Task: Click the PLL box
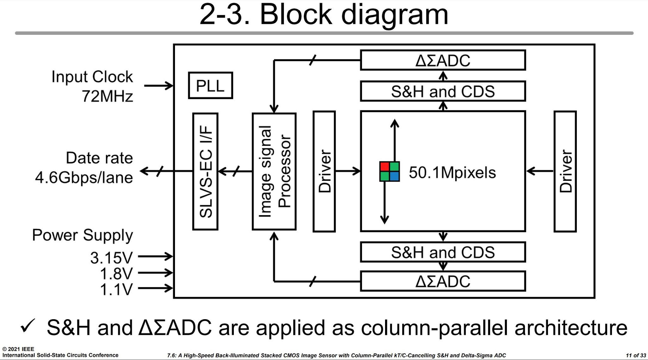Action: (210, 85)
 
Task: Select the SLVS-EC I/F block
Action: (205, 171)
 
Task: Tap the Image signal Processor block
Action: (274, 171)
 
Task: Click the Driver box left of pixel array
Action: (324, 171)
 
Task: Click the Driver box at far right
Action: (565, 171)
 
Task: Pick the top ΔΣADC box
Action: (443, 60)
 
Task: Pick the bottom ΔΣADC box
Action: (443, 281)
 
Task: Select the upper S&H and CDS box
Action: (443, 91)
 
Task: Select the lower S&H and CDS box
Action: (443, 252)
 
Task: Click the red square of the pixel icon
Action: (385, 167)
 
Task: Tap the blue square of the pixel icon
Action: (394, 176)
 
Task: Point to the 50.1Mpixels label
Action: (452, 172)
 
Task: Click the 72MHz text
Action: (108, 96)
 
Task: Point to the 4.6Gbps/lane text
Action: (84, 177)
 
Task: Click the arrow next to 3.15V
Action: (155, 256)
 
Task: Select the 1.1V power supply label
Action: (116, 289)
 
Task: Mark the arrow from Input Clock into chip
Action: (158, 85)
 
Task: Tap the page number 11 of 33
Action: (636, 355)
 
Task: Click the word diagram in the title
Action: (394, 15)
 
